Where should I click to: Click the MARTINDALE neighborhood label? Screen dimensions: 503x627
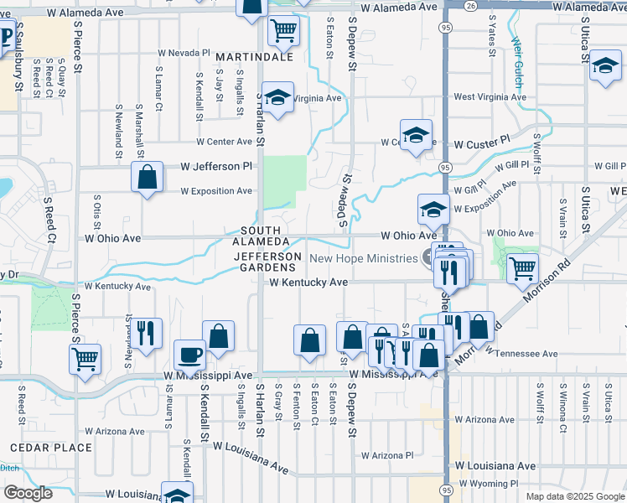pyautogui.click(x=255, y=57)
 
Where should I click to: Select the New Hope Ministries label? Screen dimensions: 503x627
pyautogui.click(x=364, y=258)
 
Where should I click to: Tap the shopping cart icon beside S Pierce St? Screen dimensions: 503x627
pyautogui.click(x=85, y=360)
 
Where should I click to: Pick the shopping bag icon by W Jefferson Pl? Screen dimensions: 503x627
pyautogui.click(x=147, y=178)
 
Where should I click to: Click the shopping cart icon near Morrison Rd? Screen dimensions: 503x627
pyautogui.click(x=522, y=267)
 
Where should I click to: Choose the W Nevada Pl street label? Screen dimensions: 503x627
pyautogui.click(x=182, y=52)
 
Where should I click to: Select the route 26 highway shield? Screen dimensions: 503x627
pyautogui.click(x=471, y=6)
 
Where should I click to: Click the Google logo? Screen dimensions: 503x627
pyautogui.click(x=28, y=493)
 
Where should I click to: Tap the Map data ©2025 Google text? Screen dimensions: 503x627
pyautogui.click(x=574, y=496)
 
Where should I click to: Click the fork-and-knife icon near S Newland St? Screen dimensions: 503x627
pyautogui.click(x=146, y=332)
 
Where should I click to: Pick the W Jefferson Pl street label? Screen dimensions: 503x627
pyautogui.click(x=216, y=167)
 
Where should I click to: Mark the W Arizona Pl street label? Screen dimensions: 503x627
pyautogui.click(x=388, y=455)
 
